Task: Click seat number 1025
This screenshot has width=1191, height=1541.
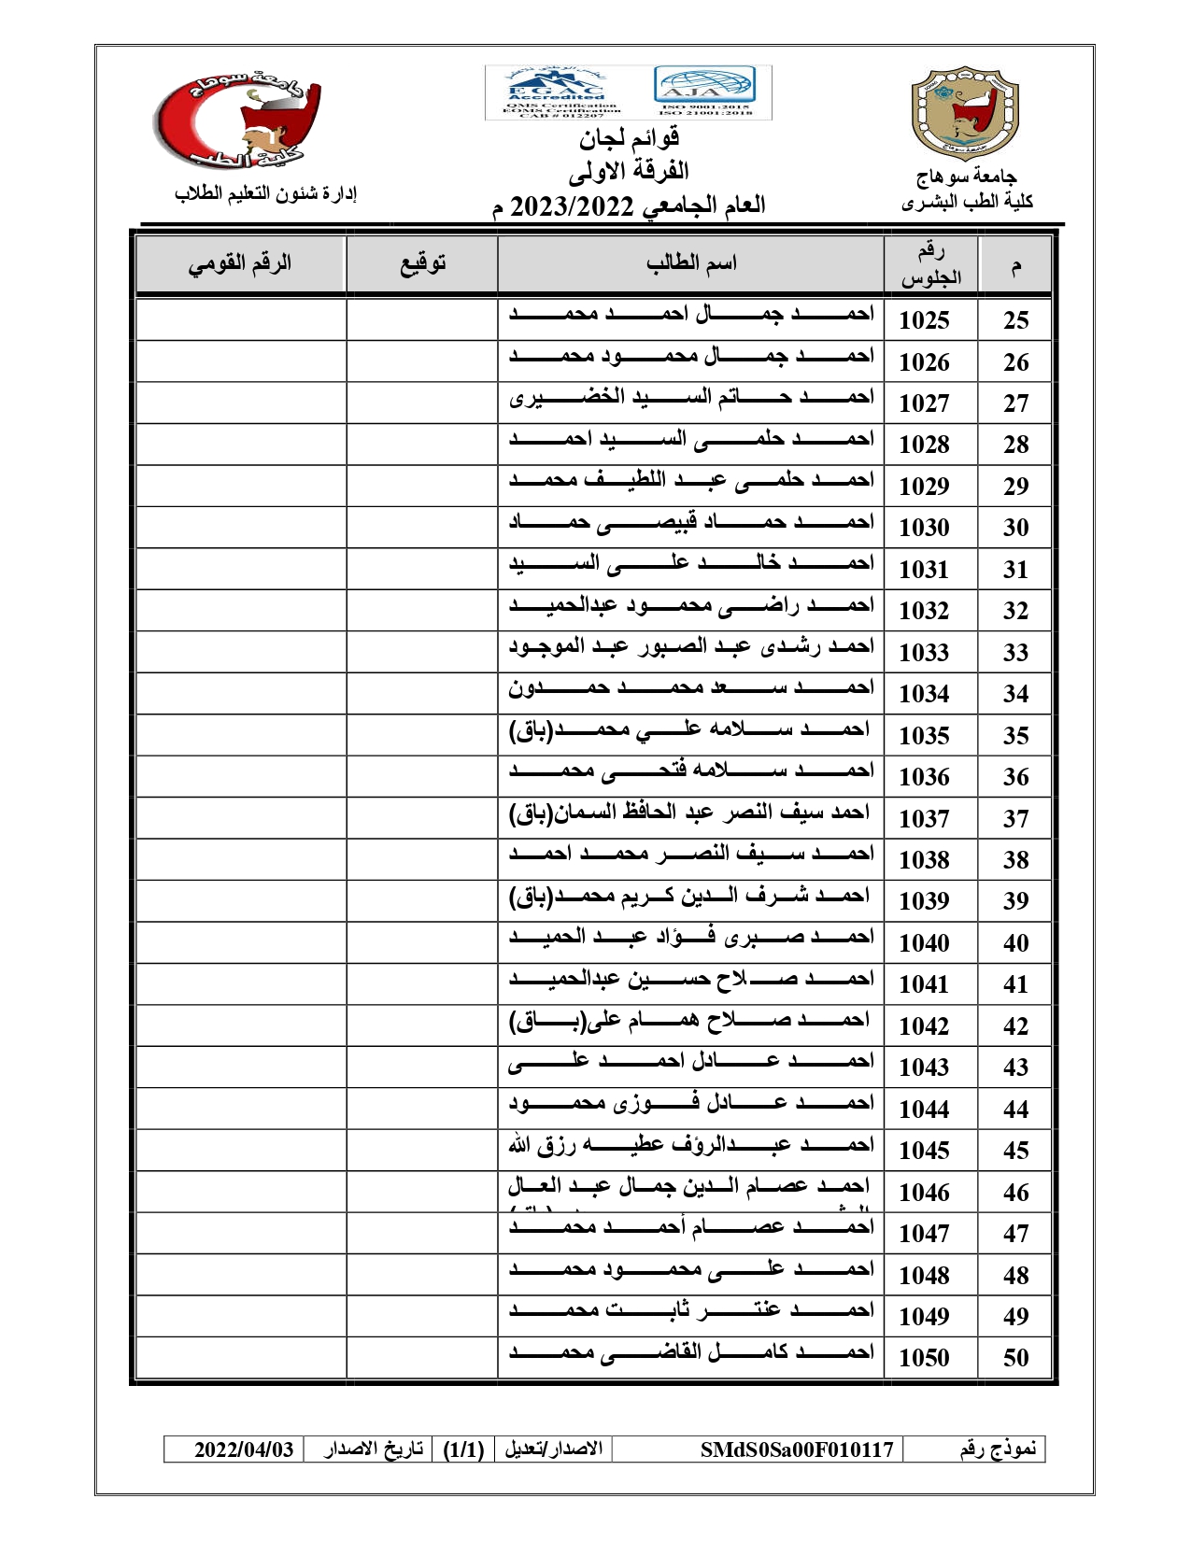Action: click(x=924, y=320)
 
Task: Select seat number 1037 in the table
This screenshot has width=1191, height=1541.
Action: click(x=924, y=819)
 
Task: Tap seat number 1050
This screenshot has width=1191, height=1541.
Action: click(x=924, y=1358)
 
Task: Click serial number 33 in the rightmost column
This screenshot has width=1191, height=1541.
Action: click(x=1015, y=653)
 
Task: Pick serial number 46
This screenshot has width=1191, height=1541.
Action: click(x=1015, y=1193)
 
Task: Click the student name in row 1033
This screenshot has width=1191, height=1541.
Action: click(x=691, y=646)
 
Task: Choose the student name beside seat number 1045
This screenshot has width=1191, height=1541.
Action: click(x=691, y=1145)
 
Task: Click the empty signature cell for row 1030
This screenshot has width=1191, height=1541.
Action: click(x=422, y=527)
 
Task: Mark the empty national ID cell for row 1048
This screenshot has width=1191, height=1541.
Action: click(x=241, y=1275)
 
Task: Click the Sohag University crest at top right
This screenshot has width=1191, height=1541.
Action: click(x=964, y=112)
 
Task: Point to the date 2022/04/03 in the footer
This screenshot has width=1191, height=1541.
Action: click(x=244, y=1449)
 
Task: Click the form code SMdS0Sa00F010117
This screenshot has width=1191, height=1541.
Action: click(x=797, y=1449)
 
